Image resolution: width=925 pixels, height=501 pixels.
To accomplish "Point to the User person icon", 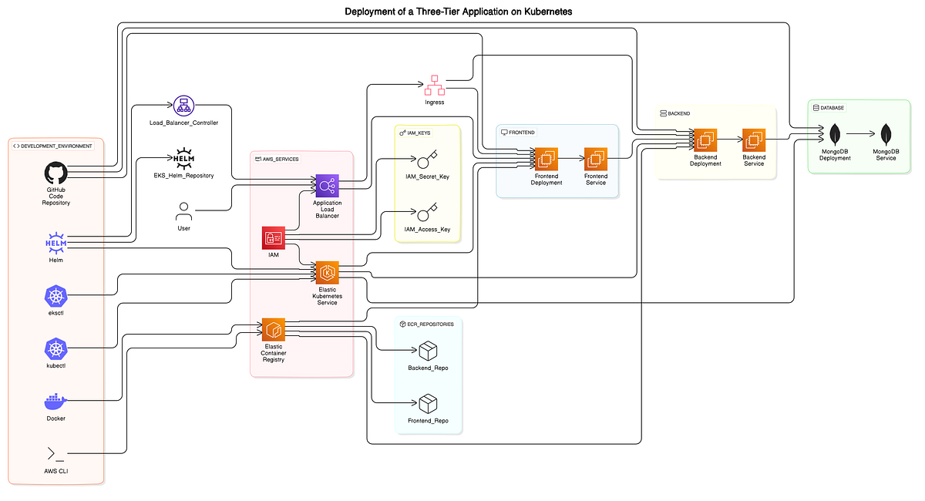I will pos(183,210).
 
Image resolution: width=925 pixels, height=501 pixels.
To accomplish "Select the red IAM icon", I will pos(273,238).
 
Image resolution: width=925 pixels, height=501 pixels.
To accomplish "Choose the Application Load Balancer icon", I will pos(327,186).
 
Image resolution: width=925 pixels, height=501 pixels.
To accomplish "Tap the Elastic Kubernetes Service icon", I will pos(327,273).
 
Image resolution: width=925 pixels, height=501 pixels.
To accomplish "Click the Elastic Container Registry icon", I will pos(274,330).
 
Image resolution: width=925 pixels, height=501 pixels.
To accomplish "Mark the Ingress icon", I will pos(434,84).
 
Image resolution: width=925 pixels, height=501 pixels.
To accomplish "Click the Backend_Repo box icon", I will pos(428,351).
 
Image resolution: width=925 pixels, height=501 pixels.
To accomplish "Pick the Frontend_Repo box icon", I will pos(428,403).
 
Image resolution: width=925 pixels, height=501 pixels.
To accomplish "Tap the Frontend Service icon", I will pos(596,160).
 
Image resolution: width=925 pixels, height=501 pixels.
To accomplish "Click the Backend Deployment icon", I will pos(705,140).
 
